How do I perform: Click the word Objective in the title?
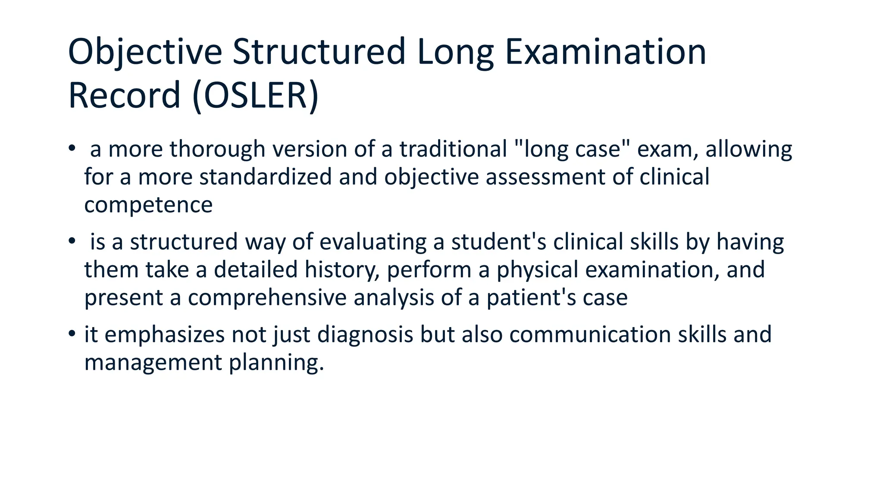coord(145,52)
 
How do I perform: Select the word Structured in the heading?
coord(319,52)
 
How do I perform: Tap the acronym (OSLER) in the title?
coord(256,96)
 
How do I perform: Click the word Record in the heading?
coord(124,96)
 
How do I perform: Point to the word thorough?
coord(217,149)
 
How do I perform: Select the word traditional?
coord(453,149)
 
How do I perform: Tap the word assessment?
coord(545,177)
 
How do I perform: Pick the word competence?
coord(148,205)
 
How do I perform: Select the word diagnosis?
coord(366,335)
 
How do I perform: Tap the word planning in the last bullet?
coord(276,362)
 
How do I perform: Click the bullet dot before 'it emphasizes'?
coord(72,334)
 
